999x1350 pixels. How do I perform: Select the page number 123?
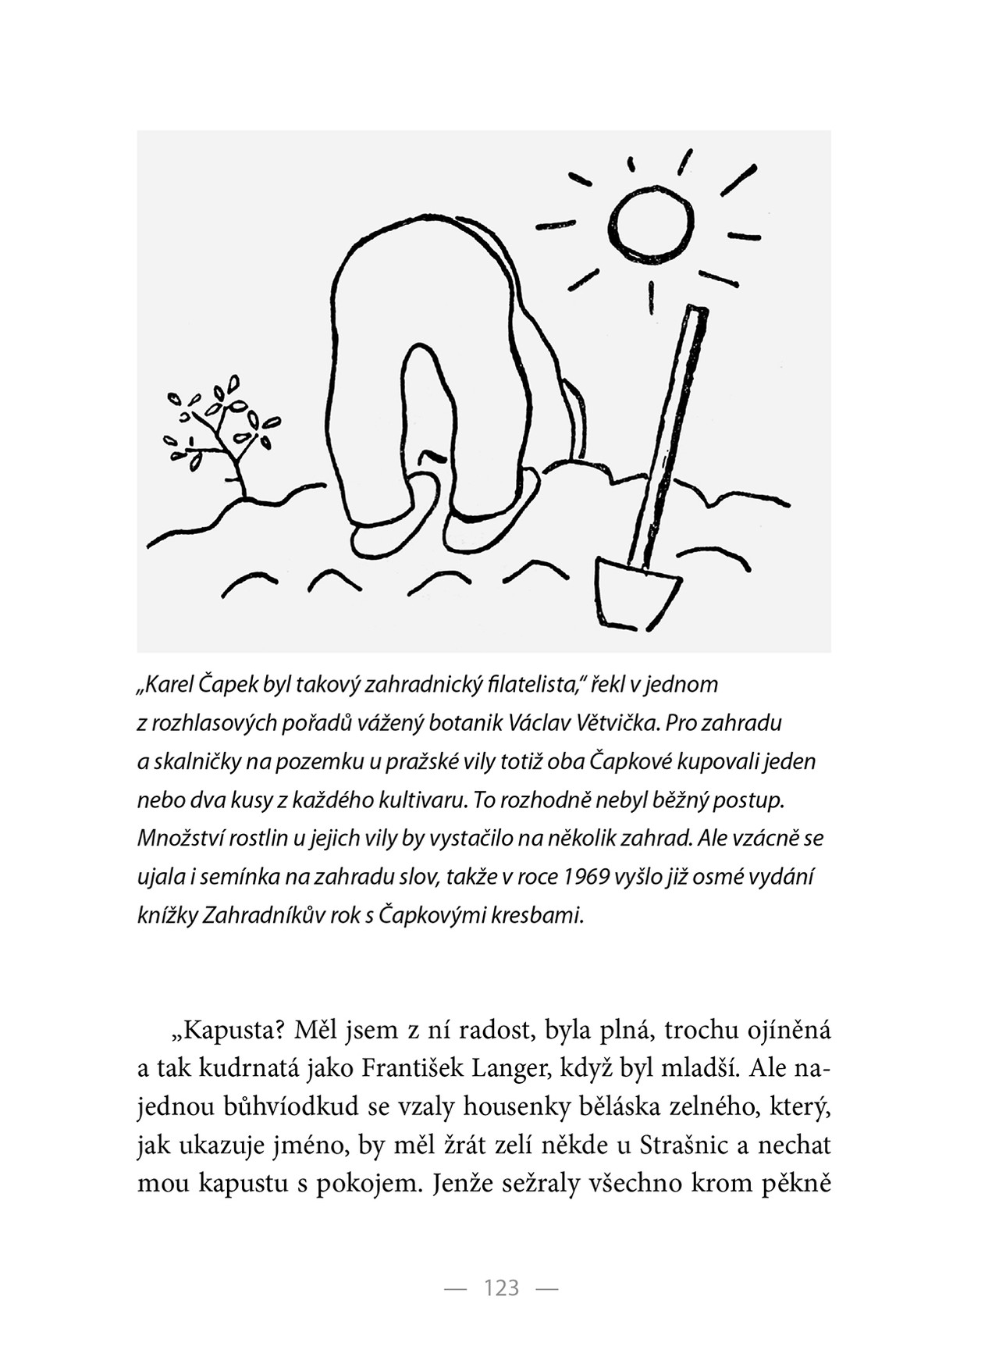click(501, 1288)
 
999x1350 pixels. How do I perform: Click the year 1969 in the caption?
click(585, 877)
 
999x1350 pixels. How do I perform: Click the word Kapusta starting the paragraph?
click(232, 1031)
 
